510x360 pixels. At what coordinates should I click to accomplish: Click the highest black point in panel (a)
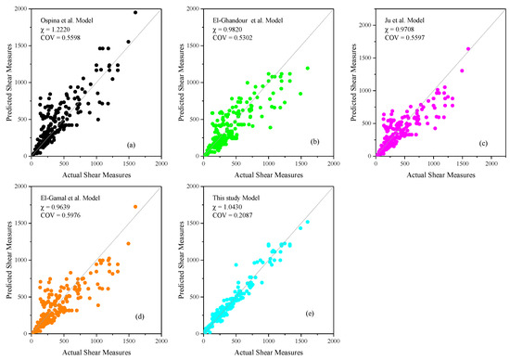tap(135, 13)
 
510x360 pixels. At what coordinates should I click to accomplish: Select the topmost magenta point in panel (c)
tap(468, 49)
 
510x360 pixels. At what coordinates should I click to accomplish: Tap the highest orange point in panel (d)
tap(135, 207)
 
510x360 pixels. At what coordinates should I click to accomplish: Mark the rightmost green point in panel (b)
tap(308, 68)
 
